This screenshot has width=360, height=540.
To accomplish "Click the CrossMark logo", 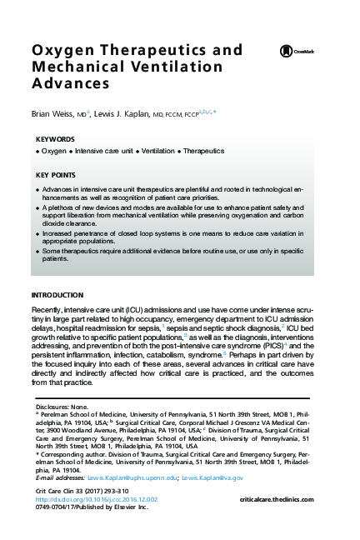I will tap(302, 52).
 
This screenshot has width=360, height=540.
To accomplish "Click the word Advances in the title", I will tap(71, 84).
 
